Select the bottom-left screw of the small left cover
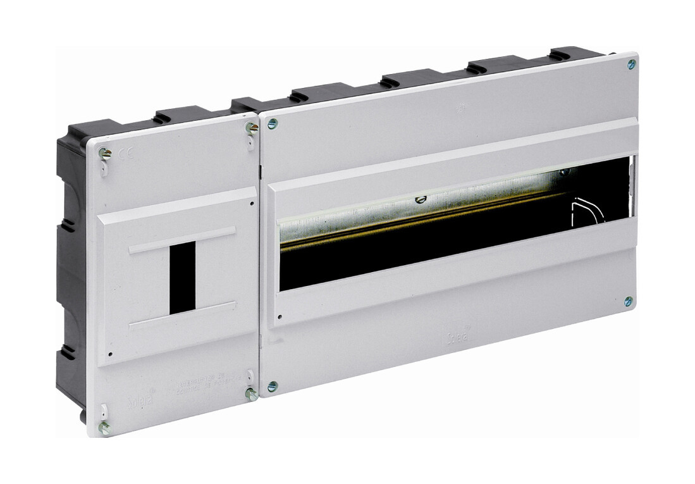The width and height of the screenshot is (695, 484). [104, 428]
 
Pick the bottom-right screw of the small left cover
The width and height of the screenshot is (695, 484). [250, 394]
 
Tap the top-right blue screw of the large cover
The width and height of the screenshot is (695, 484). [631, 64]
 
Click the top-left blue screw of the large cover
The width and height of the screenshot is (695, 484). [273, 123]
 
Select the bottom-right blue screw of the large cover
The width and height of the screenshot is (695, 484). [628, 301]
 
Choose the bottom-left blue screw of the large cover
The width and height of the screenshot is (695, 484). [272, 386]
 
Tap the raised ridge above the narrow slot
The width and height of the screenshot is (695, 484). [181, 240]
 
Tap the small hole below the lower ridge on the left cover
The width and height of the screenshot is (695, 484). [111, 354]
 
